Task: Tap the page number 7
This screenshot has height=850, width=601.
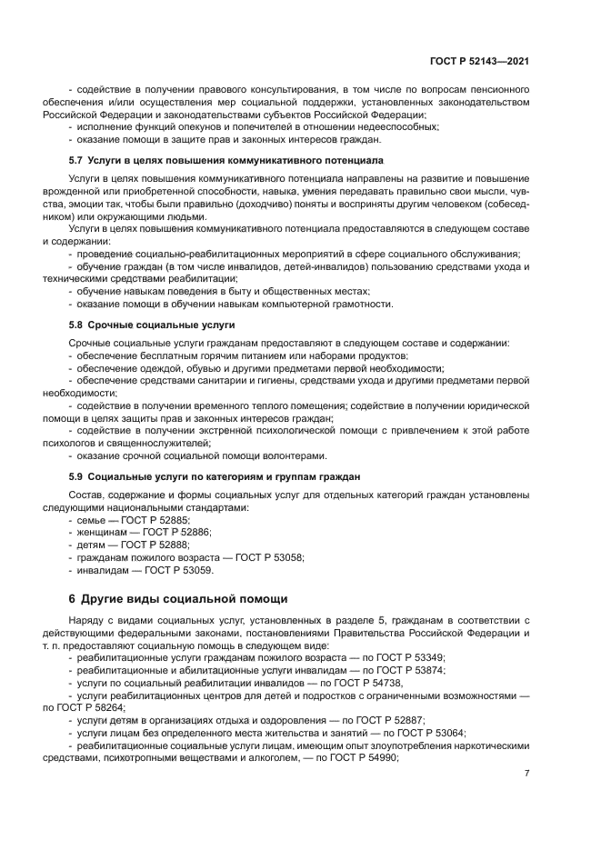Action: coord(526,773)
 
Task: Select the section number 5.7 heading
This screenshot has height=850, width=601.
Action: coord(76,159)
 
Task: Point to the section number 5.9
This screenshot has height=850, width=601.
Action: coord(76,475)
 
